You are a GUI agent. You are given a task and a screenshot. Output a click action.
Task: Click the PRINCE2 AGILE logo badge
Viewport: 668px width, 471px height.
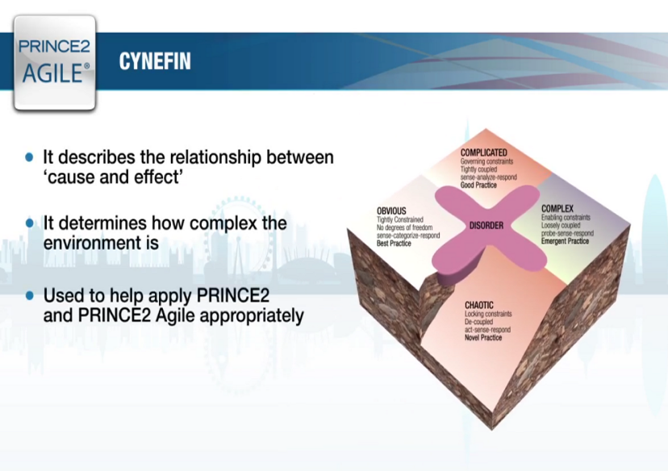click(55, 62)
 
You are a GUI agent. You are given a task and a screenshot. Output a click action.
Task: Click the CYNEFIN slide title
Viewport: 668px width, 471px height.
click(155, 61)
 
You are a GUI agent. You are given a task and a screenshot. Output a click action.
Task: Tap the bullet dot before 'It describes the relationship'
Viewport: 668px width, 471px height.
click(30, 157)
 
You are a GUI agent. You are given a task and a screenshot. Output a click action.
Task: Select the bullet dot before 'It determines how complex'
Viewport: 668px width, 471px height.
click(30, 223)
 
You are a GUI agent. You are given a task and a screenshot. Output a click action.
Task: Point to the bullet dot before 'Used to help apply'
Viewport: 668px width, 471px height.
click(30, 295)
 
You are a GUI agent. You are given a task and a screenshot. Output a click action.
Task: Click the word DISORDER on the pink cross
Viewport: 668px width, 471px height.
click(486, 226)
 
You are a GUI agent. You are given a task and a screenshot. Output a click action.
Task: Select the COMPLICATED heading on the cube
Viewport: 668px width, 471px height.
click(483, 152)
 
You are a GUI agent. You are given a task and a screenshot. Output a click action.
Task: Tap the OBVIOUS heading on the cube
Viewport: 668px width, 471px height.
click(391, 211)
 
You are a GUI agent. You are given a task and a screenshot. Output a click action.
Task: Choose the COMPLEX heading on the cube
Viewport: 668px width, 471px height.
click(557, 209)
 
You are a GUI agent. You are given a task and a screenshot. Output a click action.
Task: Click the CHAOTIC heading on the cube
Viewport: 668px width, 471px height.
click(478, 305)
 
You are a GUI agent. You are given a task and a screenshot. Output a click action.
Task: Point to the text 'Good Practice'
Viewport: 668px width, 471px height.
click(478, 185)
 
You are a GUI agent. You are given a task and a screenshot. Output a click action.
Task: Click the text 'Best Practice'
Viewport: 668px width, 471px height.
click(394, 243)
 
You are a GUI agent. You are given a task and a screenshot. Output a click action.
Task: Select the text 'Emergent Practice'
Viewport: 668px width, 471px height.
click(565, 241)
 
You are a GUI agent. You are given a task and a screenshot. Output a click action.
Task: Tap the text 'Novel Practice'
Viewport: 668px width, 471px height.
click(483, 337)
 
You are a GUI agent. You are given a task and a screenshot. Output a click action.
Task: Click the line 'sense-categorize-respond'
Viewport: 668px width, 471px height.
click(409, 235)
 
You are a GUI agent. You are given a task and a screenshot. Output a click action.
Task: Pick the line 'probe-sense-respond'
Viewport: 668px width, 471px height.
click(567, 233)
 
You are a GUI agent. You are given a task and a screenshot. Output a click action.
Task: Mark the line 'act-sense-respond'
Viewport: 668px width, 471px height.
click(486, 329)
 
